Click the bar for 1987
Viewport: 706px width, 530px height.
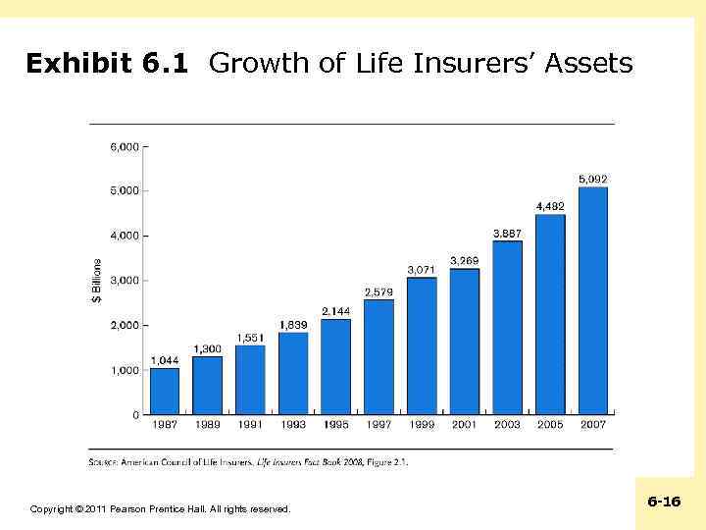pyautogui.click(x=165, y=391)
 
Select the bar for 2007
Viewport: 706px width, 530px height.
pyautogui.click(x=592, y=300)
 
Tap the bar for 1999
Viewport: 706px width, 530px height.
pyautogui.click(x=422, y=345)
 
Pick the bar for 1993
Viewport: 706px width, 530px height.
pyautogui.click(x=293, y=373)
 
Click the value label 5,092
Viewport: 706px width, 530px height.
pyautogui.click(x=592, y=179)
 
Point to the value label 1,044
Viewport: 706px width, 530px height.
pyautogui.click(x=165, y=360)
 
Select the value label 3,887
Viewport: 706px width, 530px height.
pyautogui.click(x=507, y=233)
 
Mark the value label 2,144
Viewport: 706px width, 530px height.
pyautogui.click(x=335, y=311)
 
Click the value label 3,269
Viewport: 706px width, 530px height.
pyautogui.click(x=465, y=260)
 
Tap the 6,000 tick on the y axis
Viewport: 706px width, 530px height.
pyautogui.click(x=124, y=146)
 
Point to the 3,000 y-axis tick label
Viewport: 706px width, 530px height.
pyautogui.click(x=124, y=281)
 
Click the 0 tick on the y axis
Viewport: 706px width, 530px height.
pyautogui.click(x=134, y=415)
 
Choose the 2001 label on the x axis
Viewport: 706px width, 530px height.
pyautogui.click(x=465, y=425)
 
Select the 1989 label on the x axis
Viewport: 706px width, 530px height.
pyautogui.click(x=207, y=425)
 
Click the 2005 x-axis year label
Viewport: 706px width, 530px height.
pyautogui.click(x=550, y=425)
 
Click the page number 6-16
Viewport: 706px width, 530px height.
pyautogui.click(x=664, y=502)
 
